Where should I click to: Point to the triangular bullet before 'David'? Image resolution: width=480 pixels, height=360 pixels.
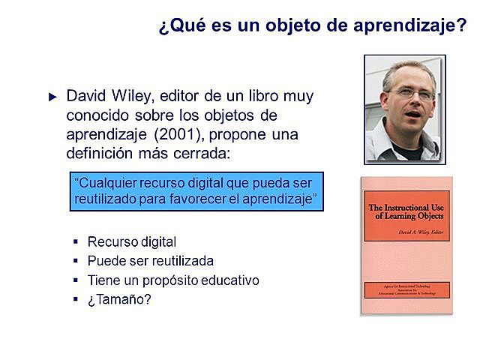pos(52,97)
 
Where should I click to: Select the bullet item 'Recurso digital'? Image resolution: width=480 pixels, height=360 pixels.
pos(131,241)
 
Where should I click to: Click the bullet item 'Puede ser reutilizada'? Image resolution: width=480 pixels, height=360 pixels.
pos(150,261)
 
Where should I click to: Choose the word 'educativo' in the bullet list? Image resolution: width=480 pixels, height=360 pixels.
pos(228,280)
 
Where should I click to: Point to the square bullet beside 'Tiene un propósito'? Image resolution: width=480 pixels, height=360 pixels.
pos(76,280)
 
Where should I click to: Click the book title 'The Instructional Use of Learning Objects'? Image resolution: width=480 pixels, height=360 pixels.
pos(406,212)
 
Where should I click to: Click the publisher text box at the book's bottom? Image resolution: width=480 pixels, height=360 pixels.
pos(406,289)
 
